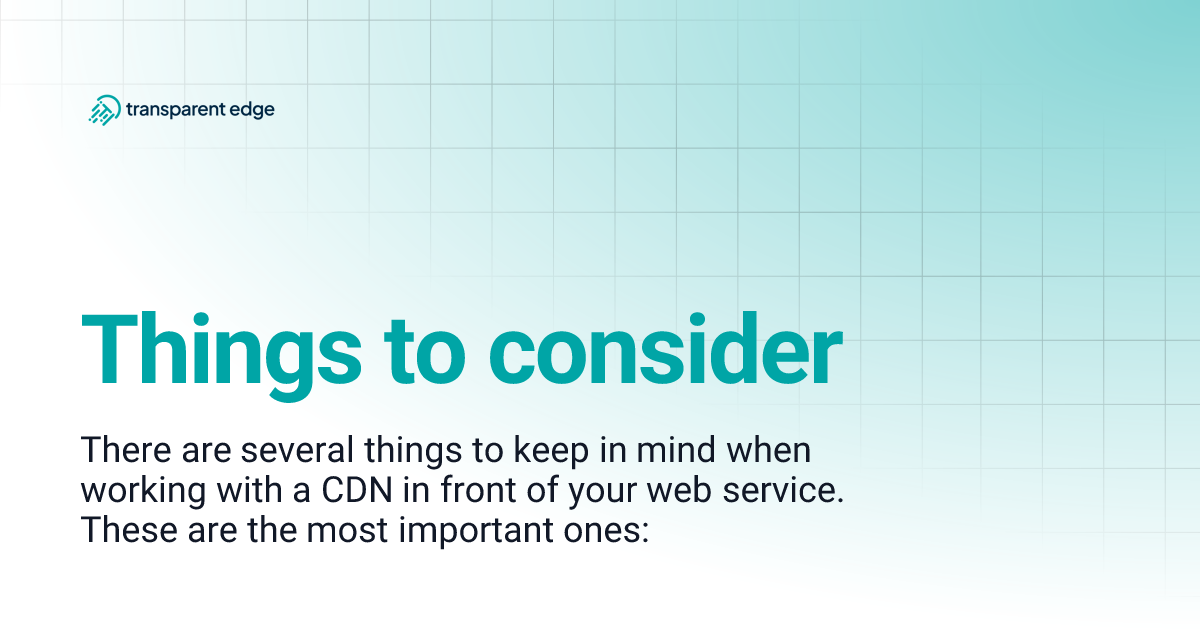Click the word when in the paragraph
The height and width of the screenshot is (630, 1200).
pyautogui.click(x=771, y=451)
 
